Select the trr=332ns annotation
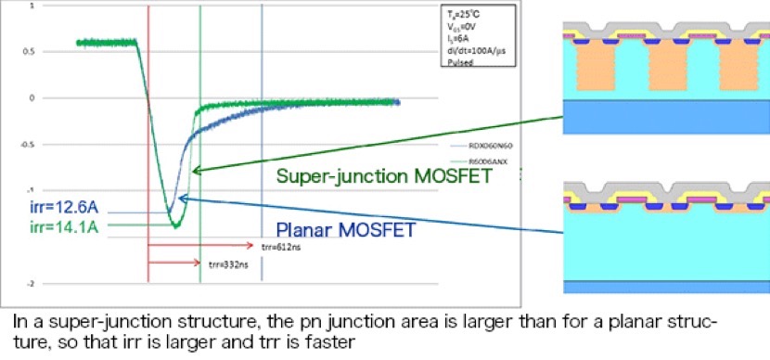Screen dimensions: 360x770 click(221, 266)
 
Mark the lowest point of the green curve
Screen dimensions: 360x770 click(173, 225)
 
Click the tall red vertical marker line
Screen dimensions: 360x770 click(148, 139)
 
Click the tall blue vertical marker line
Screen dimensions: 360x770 click(263, 139)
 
